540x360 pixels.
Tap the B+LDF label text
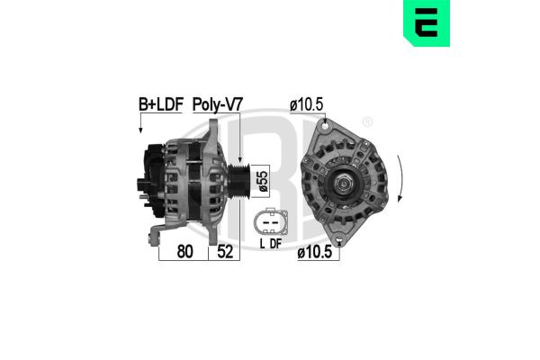pos(158,105)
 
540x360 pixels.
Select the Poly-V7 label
pos(220,105)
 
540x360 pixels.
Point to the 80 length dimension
pos(184,254)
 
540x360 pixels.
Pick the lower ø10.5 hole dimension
pos(316,254)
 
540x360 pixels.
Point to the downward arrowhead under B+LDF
pos(140,131)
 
